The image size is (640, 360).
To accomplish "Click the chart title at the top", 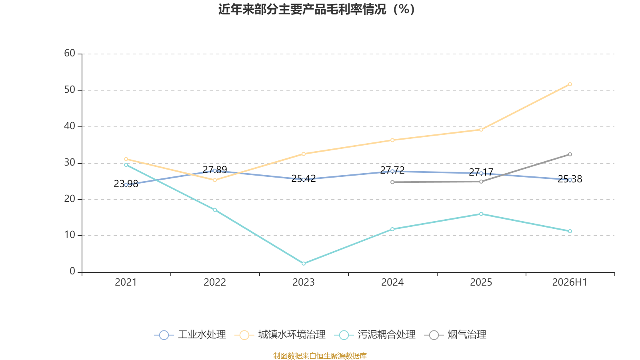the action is (x=316, y=9).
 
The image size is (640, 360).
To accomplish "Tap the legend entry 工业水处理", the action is (x=190, y=334).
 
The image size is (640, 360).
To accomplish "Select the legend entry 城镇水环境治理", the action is (x=280, y=334).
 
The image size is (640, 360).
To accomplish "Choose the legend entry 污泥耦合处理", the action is (x=374, y=334).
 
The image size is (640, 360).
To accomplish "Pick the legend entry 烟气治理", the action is (x=455, y=334).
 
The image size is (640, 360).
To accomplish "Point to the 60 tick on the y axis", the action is (x=70, y=53).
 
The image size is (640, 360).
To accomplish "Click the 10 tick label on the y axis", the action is (x=70, y=235).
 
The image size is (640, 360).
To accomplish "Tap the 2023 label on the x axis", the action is (x=304, y=282).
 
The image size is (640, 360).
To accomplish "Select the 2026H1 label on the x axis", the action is (x=570, y=282).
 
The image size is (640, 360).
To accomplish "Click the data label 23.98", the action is (x=126, y=184).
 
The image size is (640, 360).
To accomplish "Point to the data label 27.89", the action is (x=215, y=170).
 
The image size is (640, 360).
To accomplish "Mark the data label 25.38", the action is (x=570, y=179).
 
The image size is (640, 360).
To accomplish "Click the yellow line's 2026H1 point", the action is (x=570, y=84).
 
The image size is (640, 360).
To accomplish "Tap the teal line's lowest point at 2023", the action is (x=304, y=264).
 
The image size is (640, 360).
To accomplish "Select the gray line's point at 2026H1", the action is (x=570, y=154).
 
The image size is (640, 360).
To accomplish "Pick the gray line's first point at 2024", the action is (x=392, y=182).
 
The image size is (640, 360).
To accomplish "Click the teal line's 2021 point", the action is (x=126, y=165).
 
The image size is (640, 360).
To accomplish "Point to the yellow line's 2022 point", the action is (x=215, y=180).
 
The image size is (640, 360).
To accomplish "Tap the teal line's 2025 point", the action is (x=481, y=214).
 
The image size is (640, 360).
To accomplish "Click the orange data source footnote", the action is (x=320, y=356).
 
